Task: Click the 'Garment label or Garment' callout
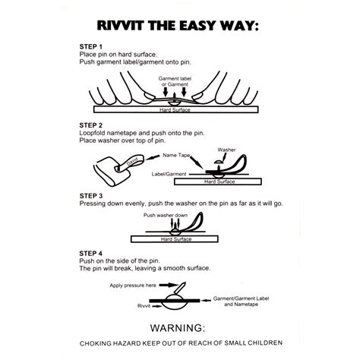[x=180, y=81]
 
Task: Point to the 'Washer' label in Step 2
[x=226, y=150]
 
